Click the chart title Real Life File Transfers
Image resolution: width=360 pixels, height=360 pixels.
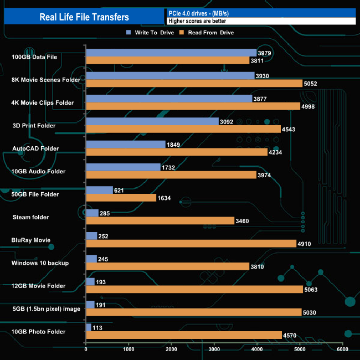[x=84, y=17]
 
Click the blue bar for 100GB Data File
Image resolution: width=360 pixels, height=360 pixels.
[x=171, y=53]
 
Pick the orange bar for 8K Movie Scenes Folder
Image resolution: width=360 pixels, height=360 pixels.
[x=194, y=83]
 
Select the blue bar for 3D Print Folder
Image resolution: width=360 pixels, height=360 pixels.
[x=152, y=121]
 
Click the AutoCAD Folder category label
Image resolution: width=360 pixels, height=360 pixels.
[x=35, y=148]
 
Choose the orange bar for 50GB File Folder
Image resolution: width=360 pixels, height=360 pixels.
[x=121, y=198]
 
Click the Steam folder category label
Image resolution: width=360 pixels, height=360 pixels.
[x=30, y=217]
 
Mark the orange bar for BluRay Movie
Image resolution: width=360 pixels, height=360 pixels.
[x=191, y=244]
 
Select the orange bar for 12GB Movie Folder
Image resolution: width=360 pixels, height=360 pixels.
[x=194, y=290]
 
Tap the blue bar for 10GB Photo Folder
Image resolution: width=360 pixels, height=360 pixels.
[x=89, y=327]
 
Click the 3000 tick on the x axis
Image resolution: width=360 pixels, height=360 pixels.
[x=214, y=349]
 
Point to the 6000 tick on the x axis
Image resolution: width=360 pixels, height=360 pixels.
[x=342, y=349]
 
